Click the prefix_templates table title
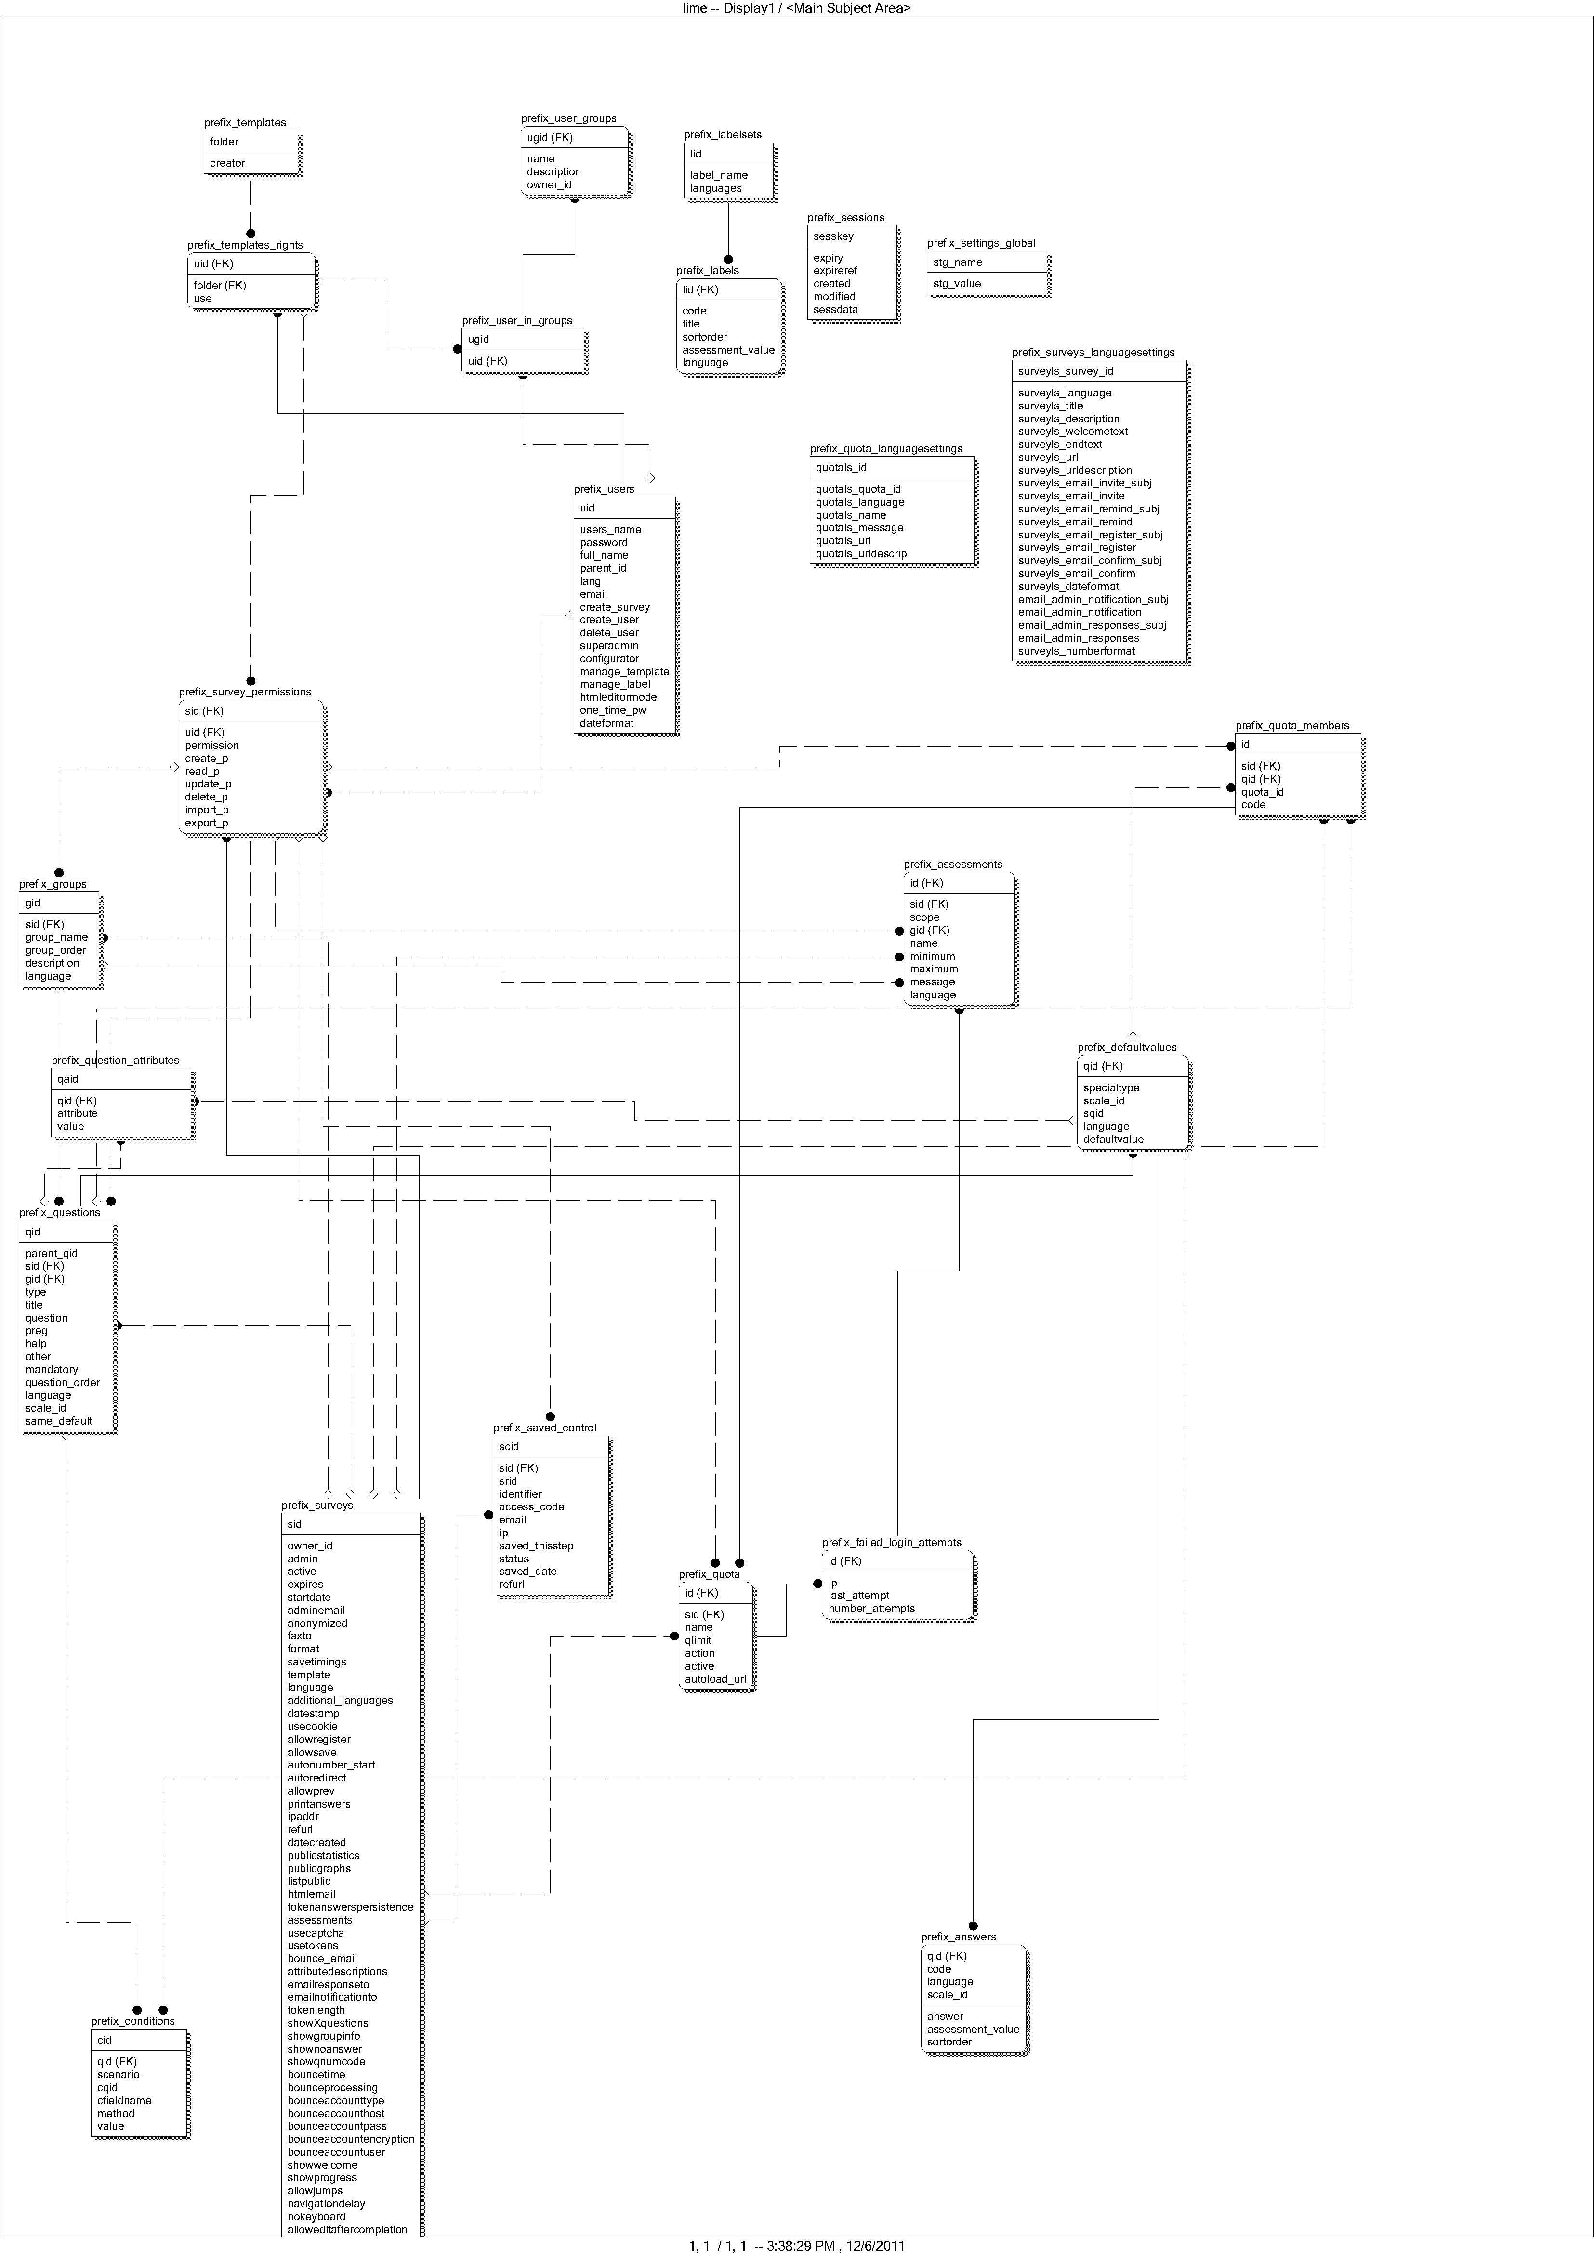pyautogui.click(x=245, y=123)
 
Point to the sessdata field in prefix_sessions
pyautogui.click(x=835, y=309)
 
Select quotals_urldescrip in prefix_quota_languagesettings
pyautogui.click(x=861, y=553)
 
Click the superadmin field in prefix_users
pyautogui.click(x=608, y=646)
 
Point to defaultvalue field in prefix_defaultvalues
pyautogui.click(x=1113, y=1139)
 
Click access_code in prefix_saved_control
pyautogui.click(x=531, y=1506)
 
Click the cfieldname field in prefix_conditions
pyautogui.click(x=124, y=2101)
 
